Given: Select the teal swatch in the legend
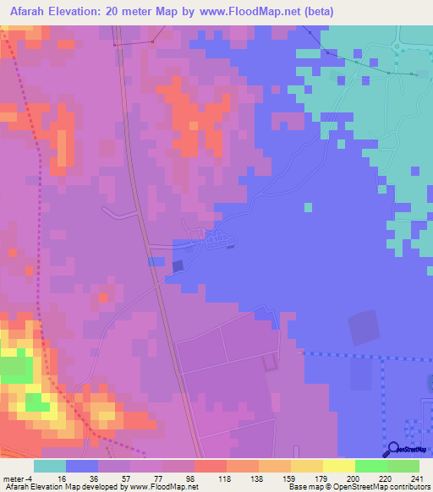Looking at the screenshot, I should (x=50, y=466).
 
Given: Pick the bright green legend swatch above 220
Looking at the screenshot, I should (x=371, y=466).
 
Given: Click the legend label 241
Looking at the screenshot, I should (x=414, y=479).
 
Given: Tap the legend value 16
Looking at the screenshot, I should (x=62, y=479).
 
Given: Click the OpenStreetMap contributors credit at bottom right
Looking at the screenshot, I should (x=384, y=488).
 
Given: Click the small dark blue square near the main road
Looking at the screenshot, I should (x=177, y=266).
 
